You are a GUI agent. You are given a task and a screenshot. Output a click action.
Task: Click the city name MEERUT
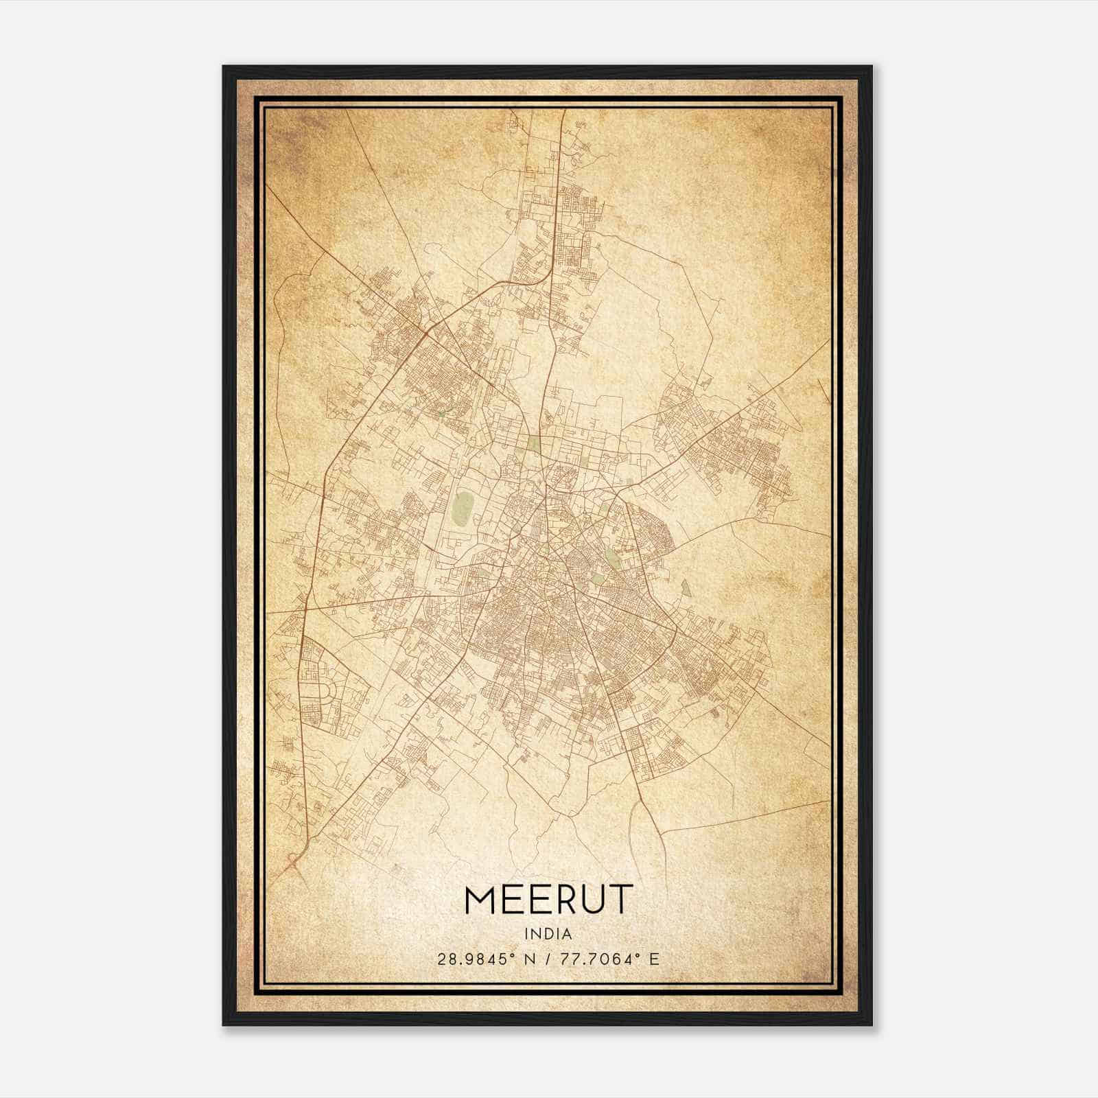[x=548, y=900]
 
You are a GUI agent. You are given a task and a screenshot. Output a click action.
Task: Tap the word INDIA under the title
[x=548, y=934]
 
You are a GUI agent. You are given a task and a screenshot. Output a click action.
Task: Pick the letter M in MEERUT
[x=480, y=900]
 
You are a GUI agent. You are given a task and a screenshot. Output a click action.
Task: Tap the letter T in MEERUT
[x=620, y=900]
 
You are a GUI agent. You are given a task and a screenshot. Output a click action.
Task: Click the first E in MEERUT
[x=510, y=900]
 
